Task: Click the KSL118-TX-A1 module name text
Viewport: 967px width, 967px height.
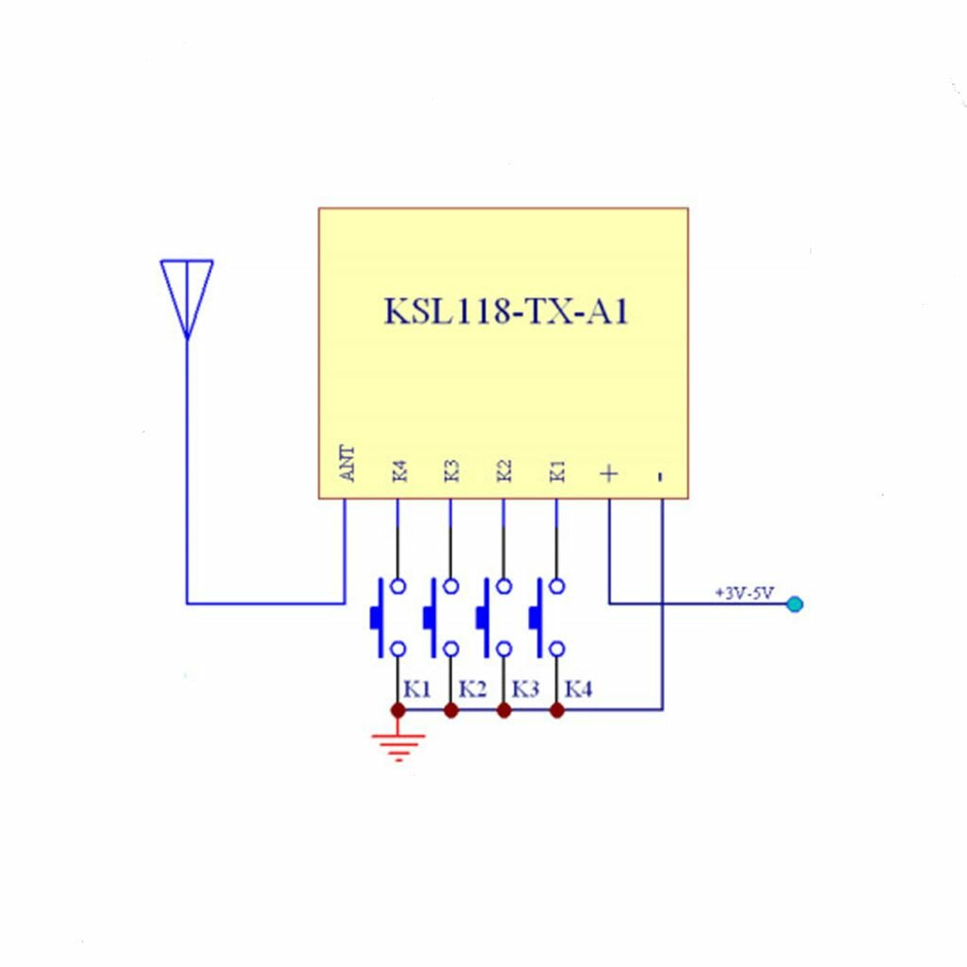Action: (x=505, y=312)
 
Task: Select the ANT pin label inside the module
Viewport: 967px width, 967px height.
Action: (x=348, y=464)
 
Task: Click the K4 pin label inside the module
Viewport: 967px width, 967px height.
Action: (x=399, y=470)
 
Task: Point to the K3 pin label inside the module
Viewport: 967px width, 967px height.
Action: (x=451, y=470)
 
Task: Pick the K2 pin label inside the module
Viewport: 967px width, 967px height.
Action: (x=504, y=470)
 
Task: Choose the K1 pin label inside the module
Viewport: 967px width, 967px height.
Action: (x=557, y=470)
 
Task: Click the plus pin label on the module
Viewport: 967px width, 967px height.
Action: (x=610, y=472)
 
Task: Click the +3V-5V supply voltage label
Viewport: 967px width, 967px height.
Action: (x=744, y=593)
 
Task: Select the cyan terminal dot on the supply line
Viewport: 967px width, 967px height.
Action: (x=794, y=603)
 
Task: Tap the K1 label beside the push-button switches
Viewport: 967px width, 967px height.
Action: (x=416, y=689)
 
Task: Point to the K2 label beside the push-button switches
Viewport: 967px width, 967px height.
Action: (x=472, y=689)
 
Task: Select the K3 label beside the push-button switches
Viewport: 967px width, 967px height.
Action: (x=525, y=689)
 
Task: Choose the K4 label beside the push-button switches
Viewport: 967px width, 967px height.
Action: (x=578, y=689)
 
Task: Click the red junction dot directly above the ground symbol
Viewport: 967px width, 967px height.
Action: (x=398, y=709)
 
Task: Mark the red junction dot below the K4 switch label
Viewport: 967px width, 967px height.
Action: (x=557, y=709)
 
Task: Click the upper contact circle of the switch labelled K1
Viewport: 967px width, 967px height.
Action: (x=399, y=586)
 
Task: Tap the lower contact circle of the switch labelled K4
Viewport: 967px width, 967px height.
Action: (x=557, y=649)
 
